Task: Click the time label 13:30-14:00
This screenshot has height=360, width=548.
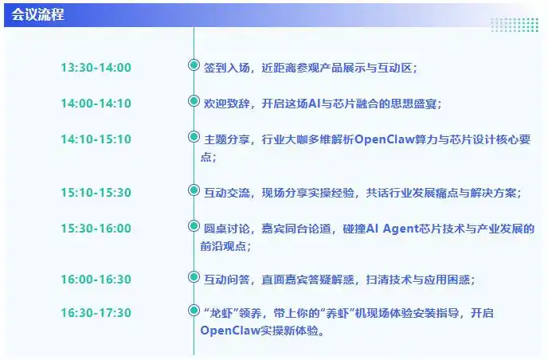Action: (x=96, y=68)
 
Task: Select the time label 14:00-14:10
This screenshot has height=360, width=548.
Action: (x=96, y=104)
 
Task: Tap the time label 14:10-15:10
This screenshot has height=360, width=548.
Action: (x=96, y=139)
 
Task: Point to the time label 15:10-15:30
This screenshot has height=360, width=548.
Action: (x=96, y=193)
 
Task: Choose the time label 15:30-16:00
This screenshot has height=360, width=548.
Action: (x=96, y=229)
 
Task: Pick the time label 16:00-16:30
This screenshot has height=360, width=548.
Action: (x=96, y=280)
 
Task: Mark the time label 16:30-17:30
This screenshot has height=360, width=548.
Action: (x=96, y=313)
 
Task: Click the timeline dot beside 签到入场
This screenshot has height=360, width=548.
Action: (x=194, y=65)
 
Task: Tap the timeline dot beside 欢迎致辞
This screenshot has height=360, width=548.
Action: (x=194, y=101)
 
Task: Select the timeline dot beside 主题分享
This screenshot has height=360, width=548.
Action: (x=194, y=137)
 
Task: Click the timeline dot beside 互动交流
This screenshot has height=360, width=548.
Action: (x=194, y=190)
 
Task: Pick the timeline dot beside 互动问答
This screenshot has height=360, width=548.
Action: (x=194, y=277)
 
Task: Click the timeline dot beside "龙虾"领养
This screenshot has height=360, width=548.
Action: (x=194, y=311)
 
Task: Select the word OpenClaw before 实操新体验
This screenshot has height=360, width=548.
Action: (x=233, y=331)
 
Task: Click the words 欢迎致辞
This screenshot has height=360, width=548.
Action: (x=227, y=104)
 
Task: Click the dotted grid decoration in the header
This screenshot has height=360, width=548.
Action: (x=514, y=25)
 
